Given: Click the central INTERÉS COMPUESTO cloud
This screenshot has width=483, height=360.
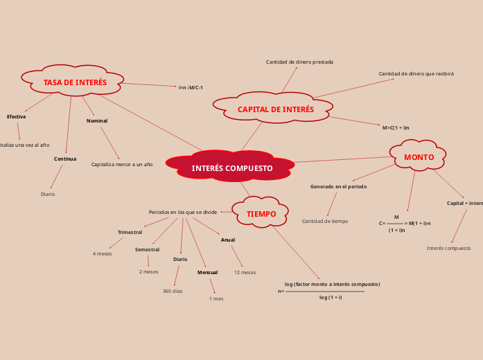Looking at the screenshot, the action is click(x=231, y=168).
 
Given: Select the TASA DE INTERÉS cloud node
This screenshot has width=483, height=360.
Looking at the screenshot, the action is click(x=75, y=82).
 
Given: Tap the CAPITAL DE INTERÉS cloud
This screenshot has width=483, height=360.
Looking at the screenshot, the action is click(x=275, y=109).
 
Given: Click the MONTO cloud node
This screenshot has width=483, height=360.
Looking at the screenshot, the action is click(x=419, y=157).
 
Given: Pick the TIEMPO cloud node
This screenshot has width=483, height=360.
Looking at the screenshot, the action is click(x=261, y=214).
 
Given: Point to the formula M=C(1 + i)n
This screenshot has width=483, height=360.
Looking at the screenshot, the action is click(x=396, y=127).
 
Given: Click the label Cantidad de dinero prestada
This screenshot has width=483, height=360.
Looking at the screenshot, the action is click(x=299, y=62).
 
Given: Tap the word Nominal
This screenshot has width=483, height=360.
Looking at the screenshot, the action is click(x=97, y=120).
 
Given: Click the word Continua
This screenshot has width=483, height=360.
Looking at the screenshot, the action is click(x=65, y=159).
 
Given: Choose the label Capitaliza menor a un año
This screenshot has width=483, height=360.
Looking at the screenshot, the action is click(x=122, y=164).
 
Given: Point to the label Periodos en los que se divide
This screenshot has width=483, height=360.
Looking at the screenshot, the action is click(x=183, y=212).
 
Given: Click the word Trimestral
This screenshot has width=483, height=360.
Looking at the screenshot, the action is click(x=130, y=232).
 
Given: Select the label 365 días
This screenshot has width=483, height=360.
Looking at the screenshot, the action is click(x=173, y=291).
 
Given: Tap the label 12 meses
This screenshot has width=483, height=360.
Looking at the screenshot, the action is click(x=245, y=272).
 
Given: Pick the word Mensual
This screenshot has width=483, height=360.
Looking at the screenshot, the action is click(x=207, y=272).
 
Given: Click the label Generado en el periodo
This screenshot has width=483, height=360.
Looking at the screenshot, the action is click(x=338, y=186).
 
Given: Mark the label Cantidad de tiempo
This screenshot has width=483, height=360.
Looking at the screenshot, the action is click(x=325, y=221).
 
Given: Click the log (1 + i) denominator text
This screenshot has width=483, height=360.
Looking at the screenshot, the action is click(x=331, y=297).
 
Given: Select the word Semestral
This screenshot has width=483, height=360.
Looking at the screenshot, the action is click(x=147, y=249).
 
